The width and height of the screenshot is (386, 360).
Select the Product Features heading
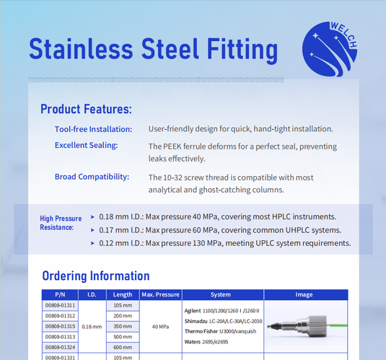pos(86,109)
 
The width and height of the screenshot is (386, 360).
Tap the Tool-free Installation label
pos(93,129)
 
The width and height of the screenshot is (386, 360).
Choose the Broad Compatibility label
pos(92,177)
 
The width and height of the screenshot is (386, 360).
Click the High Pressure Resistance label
pos(57,222)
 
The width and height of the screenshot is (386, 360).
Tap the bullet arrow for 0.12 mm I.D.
pos(92,243)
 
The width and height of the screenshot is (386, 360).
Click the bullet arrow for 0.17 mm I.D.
pos(92,230)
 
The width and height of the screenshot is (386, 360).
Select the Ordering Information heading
pos(96,276)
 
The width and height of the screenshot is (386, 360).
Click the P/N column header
pos(60,294)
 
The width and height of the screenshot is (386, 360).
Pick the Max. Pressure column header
pos(159,294)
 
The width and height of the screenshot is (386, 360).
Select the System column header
pos(221,294)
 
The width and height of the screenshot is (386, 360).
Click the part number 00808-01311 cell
pos(60,305)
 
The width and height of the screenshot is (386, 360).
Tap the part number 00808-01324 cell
pos(60,346)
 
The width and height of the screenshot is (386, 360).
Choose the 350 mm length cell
pos(123,326)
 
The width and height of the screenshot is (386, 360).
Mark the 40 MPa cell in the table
pos(159,326)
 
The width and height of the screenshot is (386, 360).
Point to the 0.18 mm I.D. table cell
pos(92,326)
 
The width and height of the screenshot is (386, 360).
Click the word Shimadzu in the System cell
pos(198,320)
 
